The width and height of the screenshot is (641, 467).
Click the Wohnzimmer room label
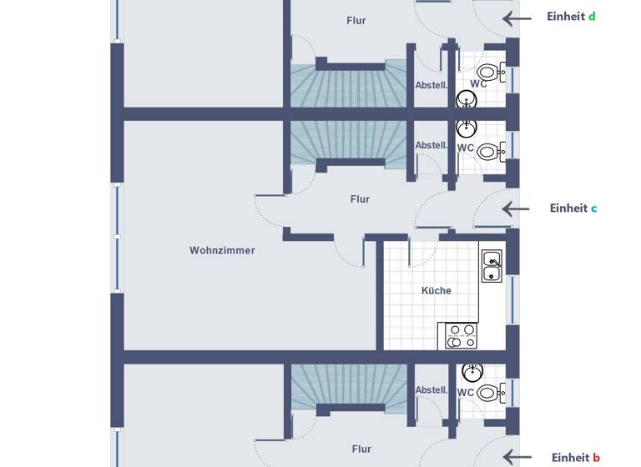click(x=222, y=250)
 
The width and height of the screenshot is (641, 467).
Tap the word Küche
click(x=436, y=291)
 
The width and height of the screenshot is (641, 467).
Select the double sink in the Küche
click(x=492, y=266)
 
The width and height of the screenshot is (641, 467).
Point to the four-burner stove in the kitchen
click(x=461, y=335)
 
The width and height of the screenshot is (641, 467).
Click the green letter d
click(x=592, y=17)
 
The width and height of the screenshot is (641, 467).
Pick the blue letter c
click(x=593, y=208)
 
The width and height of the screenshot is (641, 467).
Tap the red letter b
click(x=596, y=458)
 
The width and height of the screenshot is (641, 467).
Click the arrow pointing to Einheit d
click(x=516, y=18)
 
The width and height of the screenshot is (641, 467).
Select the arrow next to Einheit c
click(x=516, y=209)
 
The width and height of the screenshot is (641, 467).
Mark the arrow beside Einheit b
click(x=517, y=457)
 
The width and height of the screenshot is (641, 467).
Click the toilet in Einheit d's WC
click(x=492, y=73)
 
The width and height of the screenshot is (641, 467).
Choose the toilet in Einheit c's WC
click(x=492, y=152)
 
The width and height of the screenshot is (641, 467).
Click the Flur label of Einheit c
click(x=360, y=199)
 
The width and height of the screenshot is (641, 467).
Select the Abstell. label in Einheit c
click(x=432, y=145)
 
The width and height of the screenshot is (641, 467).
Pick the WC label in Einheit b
click(x=465, y=392)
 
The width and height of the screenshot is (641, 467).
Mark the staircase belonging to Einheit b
click(x=348, y=385)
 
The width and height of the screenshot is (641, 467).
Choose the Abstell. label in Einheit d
click(x=432, y=85)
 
